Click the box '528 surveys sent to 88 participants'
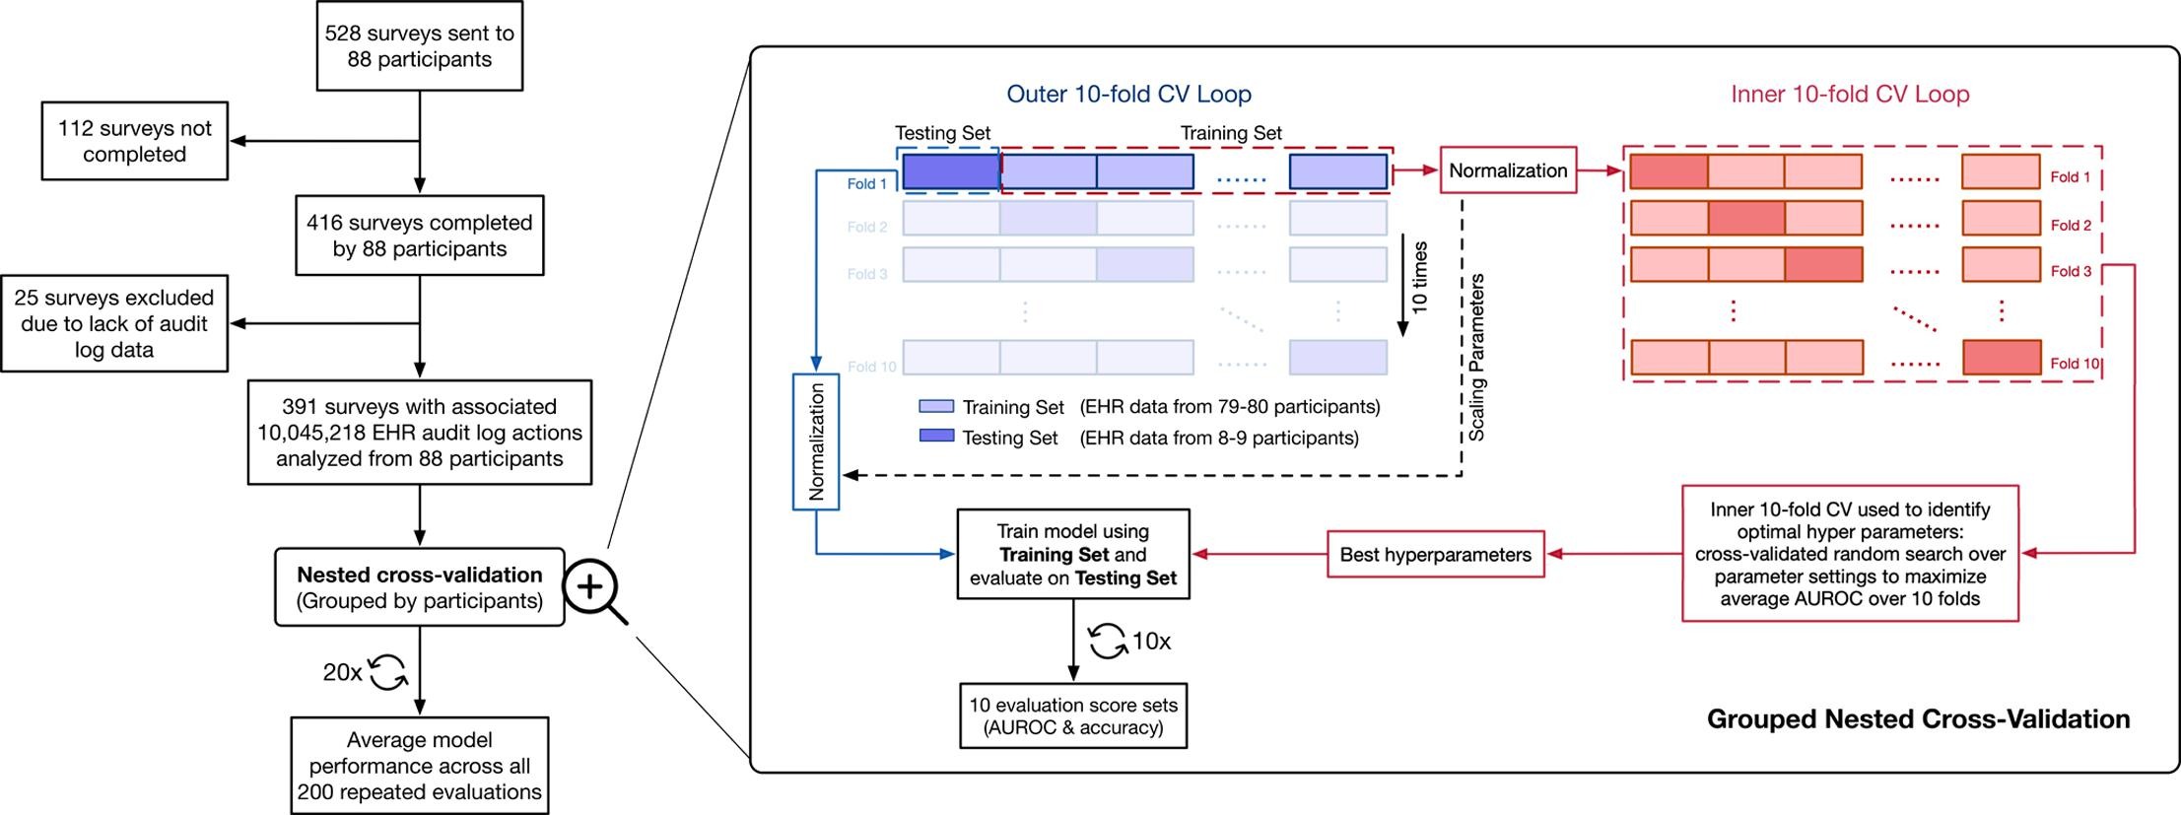tap(419, 46)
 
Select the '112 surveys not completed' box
tap(134, 141)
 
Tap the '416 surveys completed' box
tap(419, 236)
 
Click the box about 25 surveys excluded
tap(114, 323)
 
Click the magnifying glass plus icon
tap(591, 588)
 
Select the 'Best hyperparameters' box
tap(1435, 555)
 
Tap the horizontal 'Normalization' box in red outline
tap(1508, 170)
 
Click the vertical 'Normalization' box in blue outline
tap(816, 441)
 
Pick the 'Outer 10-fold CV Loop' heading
tap(1128, 95)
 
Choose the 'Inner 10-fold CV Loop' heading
tap(1850, 95)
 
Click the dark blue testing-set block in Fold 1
tap(951, 171)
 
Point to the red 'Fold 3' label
tap(2071, 271)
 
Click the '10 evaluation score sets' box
tap(1073, 716)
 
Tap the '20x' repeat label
tap(342, 672)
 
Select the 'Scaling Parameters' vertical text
tap(1476, 357)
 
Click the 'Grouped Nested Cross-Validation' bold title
tap(1918, 719)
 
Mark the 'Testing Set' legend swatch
tap(936, 436)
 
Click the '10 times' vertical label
tap(1419, 278)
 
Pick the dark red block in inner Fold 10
tap(2001, 358)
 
